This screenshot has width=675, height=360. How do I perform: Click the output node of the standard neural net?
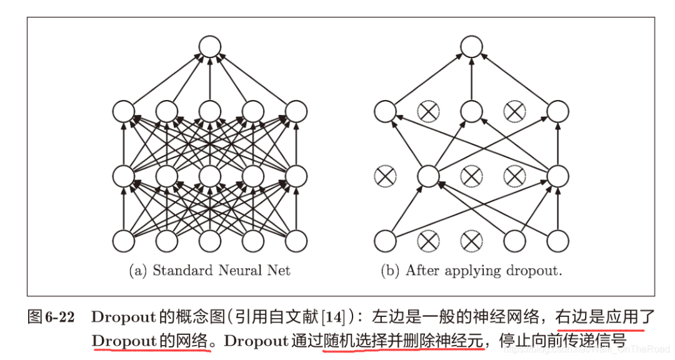[x=209, y=47]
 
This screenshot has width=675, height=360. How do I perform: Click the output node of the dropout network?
[x=471, y=47]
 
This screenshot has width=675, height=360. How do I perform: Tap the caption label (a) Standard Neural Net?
[x=209, y=271]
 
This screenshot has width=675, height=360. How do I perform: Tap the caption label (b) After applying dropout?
[x=471, y=271]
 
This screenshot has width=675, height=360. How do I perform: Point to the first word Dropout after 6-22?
[x=122, y=317]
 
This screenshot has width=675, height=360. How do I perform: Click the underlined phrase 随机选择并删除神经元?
[x=404, y=341]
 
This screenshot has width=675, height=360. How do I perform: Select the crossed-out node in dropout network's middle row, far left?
[x=385, y=176]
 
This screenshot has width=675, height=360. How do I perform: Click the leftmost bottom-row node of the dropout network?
[x=385, y=241]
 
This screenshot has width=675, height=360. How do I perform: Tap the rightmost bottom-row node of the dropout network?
[x=557, y=241]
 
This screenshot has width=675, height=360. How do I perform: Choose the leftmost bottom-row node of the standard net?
[x=123, y=241]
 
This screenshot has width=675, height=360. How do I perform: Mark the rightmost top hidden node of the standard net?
[x=296, y=112]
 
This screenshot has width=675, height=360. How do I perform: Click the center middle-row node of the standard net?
[x=209, y=176]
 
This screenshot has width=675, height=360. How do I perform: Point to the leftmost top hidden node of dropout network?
[x=385, y=112]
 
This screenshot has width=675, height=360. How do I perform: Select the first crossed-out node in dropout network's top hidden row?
[x=428, y=112]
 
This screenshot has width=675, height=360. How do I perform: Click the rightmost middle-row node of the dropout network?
[x=557, y=176]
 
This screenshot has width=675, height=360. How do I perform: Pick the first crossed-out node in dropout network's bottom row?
[x=428, y=241]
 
